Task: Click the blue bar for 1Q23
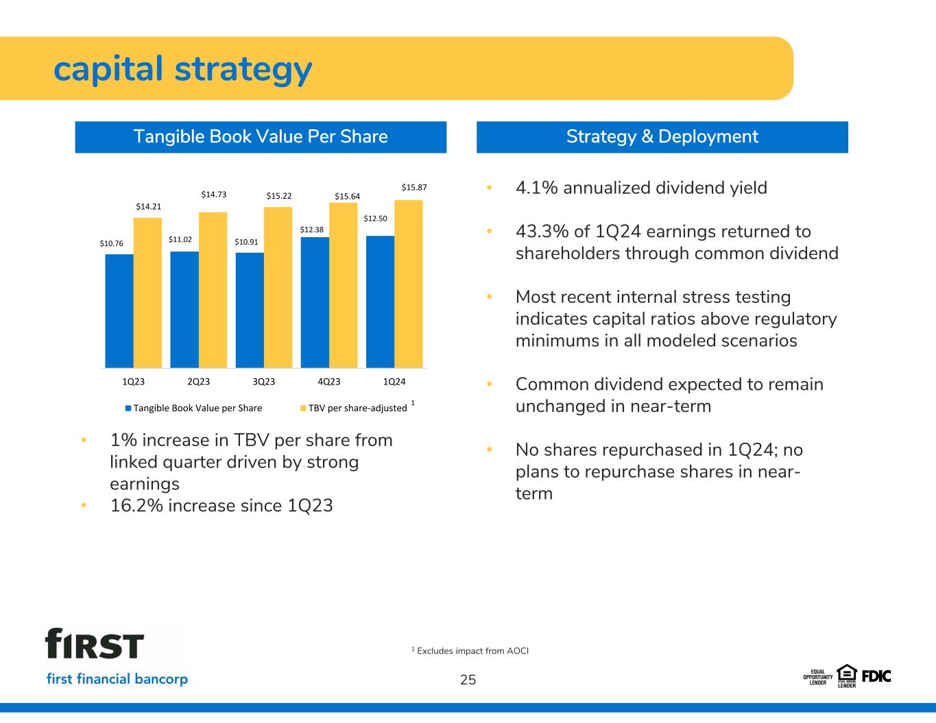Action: (x=119, y=310)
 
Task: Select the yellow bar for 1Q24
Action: (x=408, y=284)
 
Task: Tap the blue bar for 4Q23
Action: (x=315, y=302)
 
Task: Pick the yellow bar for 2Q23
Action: (x=213, y=290)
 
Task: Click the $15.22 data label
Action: (x=279, y=196)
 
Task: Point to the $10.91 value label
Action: (x=246, y=242)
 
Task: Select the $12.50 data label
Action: (x=376, y=218)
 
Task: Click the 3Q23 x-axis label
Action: (x=263, y=382)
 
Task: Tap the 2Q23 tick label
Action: (x=199, y=382)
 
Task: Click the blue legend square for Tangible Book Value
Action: (x=128, y=408)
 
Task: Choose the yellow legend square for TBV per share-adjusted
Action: (x=303, y=408)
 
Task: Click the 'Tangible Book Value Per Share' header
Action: (x=261, y=137)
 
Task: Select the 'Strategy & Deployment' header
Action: (x=662, y=137)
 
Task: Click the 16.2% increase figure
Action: (x=136, y=506)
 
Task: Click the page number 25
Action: (x=468, y=680)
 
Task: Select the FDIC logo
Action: (x=876, y=677)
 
